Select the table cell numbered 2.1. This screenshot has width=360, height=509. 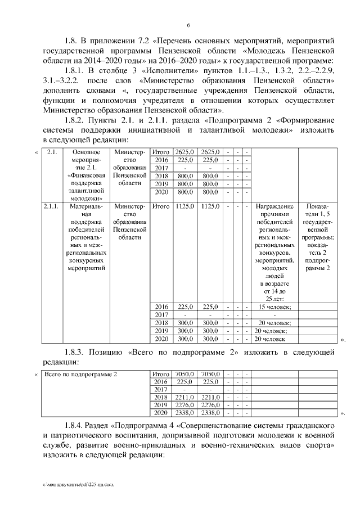coord(51,152)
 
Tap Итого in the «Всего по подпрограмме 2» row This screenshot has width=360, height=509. coord(161,373)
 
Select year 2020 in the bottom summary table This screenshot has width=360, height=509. coord(161,413)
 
